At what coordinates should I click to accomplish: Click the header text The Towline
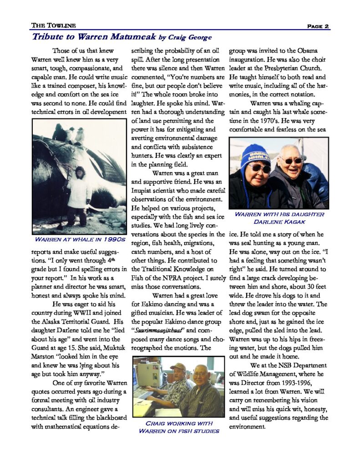pyautogui.click(x=53, y=26)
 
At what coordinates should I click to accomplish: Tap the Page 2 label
pyautogui.click(x=317, y=26)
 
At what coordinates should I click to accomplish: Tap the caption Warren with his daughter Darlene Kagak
pyautogui.click(x=279, y=218)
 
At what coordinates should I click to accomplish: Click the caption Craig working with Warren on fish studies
pyautogui.click(x=179, y=427)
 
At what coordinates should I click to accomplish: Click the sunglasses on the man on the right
pyautogui.click(x=292, y=160)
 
